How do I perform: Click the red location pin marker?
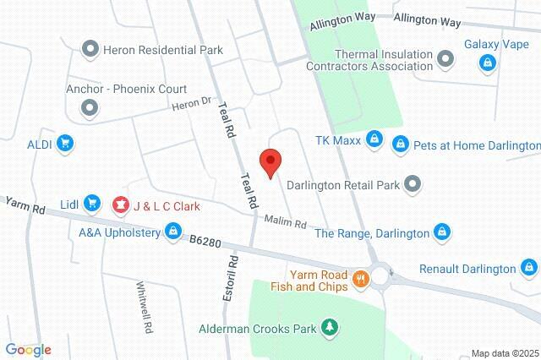(x=270, y=161)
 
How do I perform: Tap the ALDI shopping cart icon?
(x=64, y=144)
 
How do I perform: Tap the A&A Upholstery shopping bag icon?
(x=172, y=230)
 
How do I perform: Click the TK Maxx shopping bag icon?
(x=375, y=138)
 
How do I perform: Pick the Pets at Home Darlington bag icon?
(x=401, y=145)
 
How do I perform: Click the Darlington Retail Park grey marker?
(x=412, y=183)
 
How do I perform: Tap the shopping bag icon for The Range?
(x=441, y=231)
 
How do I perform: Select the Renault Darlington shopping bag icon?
(x=528, y=269)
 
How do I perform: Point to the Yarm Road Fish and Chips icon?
(x=360, y=279)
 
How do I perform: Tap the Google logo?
(x=28, y=350)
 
